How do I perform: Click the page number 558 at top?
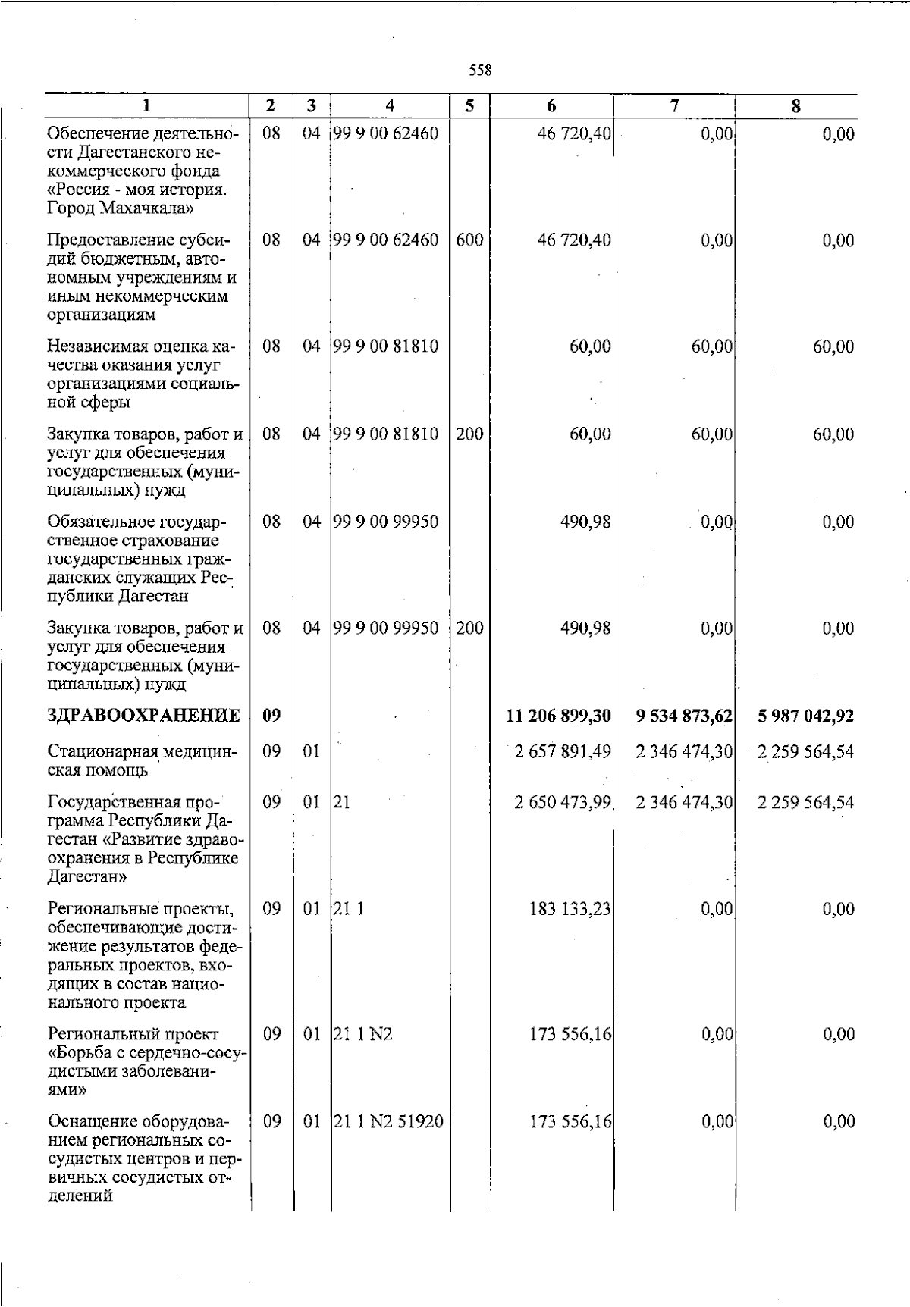[x=480, y=71]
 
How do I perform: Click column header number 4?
[x=390, y=107]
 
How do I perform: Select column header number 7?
[x=674, y=107]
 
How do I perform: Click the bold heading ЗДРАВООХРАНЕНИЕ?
[x=144, y=715]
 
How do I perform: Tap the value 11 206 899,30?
[x=559, y=716]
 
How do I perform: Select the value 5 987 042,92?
[x=805, y=716]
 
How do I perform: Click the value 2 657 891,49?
[x=562, y=751]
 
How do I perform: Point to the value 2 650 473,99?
[x=562, y=802]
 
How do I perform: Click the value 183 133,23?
[x=570, y=908]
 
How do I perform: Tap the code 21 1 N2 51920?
[x=388, y=1121]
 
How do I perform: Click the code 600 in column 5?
[x=469, y=240]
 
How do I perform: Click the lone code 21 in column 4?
[x=341, y=802]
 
